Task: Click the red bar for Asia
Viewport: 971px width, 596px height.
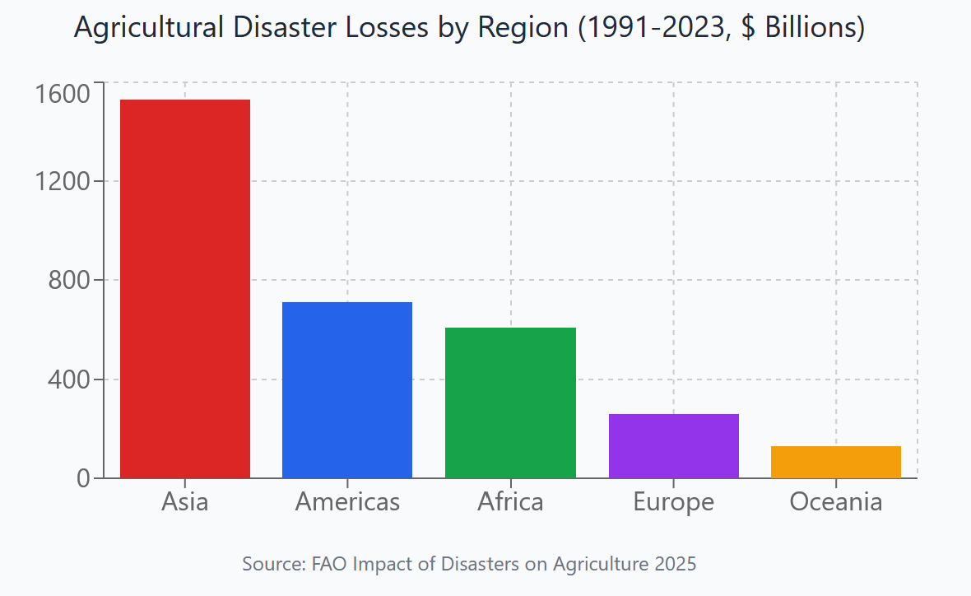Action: (x=185, y=288)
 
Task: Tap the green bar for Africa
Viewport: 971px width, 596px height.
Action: (x=510, y=403)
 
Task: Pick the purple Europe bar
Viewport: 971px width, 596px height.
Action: (x=673, y=445)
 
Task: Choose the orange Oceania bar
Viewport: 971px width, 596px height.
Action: (x=836, y=462)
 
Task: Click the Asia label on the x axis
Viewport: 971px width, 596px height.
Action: (x=185, y=501)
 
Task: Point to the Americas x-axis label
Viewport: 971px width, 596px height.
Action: (x=347, y=501)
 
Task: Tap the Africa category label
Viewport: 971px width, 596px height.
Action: (x=510, y=501)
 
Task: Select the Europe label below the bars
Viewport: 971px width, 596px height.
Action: (x=673, y=501)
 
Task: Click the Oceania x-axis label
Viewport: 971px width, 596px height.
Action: (x=836, y=501)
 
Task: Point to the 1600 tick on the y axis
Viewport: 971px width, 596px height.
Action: (x=63, y=94)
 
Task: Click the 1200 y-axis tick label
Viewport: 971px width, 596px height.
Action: (x=63, y=181)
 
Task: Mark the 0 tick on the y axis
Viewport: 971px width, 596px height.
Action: (x=83, y=478)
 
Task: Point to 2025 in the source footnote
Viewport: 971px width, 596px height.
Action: (x=676, y=565)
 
